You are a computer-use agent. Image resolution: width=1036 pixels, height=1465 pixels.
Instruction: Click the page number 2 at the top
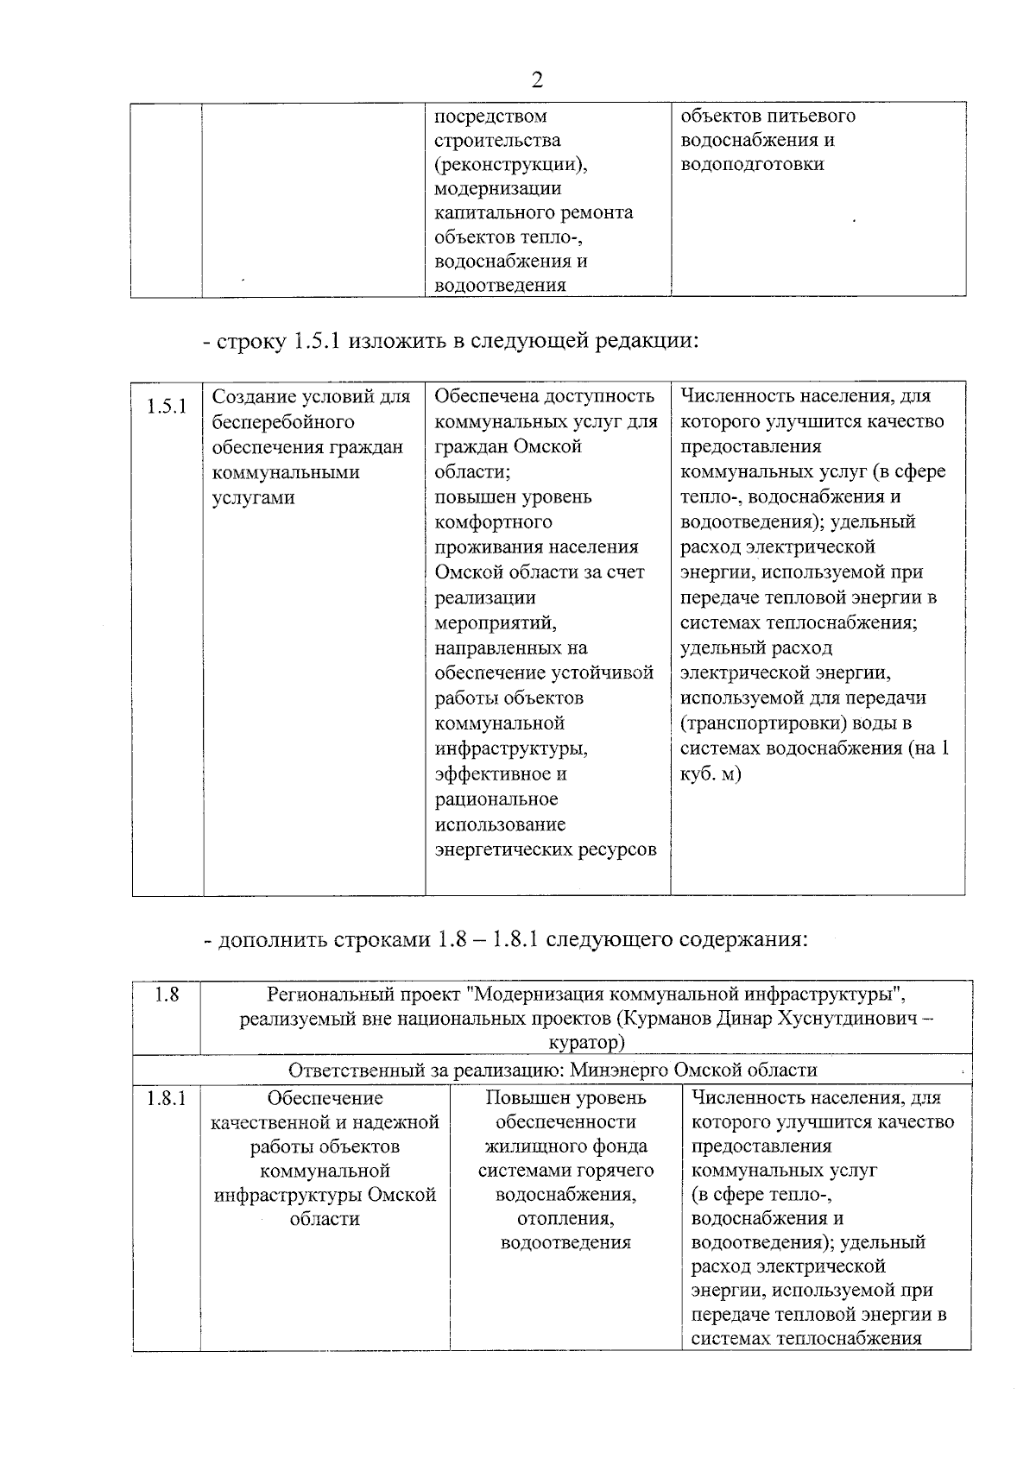tap(537, 80)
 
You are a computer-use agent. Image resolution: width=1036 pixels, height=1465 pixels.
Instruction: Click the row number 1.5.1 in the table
tap(167, 406)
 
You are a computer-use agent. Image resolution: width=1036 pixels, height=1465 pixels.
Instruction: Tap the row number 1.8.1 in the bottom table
tap(167, 1098)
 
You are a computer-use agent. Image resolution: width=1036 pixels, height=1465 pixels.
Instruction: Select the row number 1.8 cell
tap(167, 995)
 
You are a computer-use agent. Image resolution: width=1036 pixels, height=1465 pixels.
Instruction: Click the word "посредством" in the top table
tap(490, 116)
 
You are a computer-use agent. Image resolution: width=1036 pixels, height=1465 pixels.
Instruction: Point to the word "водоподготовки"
tap(752, 164)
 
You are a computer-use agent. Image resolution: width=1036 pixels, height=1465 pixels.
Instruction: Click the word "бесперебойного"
tap(283, 422)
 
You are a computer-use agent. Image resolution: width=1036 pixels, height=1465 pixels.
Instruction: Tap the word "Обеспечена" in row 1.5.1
tap(477, 396)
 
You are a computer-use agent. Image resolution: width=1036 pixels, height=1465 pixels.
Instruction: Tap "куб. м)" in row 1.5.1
tap(711, 774)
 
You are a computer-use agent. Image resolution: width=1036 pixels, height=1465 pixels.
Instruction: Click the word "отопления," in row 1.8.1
tap(565, 1219)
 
